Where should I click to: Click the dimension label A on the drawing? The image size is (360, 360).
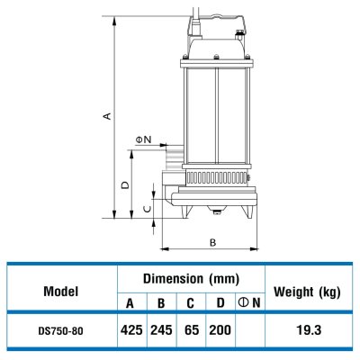pos(107,116)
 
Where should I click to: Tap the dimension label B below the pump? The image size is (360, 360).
pos(211,241)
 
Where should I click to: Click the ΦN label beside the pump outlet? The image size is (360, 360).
pos(143,139)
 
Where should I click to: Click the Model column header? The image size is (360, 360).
pos(61,292)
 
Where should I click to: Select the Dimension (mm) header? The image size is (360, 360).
pos(190,279)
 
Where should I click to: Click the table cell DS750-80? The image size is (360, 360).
pos(61,330)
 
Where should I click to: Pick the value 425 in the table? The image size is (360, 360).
pos(130,330)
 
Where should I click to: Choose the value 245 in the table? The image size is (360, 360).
pos(160,330)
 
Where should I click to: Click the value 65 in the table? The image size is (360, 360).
pos(190,330)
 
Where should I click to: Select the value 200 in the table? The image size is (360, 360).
pos(220,330)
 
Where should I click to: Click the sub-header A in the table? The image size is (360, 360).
pos(130,303)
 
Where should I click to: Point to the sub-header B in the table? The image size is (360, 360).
pos(160,303)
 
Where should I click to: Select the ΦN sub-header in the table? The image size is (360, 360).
pos(249,303)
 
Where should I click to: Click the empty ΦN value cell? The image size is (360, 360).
pos(249,330)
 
